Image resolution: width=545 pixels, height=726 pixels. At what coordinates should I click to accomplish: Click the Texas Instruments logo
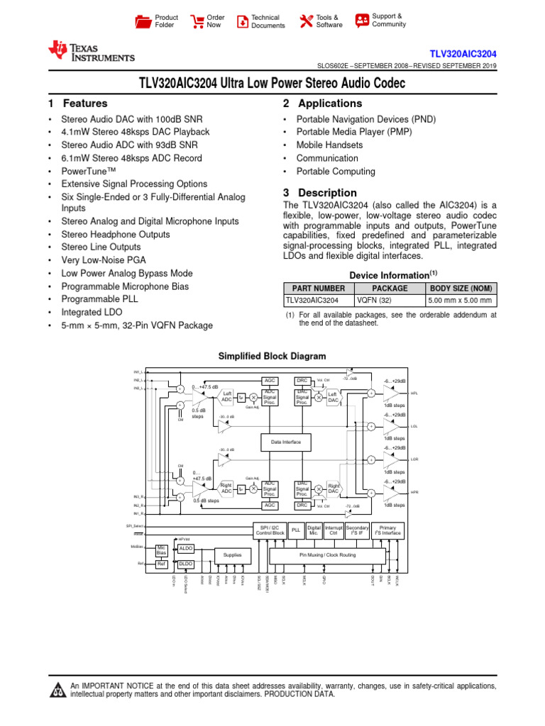click(x=91, y=52)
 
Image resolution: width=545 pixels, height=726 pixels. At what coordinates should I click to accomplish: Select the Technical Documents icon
click(x=243, y=21)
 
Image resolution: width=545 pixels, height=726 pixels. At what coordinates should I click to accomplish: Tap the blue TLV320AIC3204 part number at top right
click(x=463, y=54)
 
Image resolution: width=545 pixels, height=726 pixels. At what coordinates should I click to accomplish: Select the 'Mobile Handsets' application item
click(x=329, y=145)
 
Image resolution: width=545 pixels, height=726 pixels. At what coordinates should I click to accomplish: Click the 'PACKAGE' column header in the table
click(x=390, y=289)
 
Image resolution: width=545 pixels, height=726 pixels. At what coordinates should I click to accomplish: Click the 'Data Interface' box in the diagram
click(x=285, y=442)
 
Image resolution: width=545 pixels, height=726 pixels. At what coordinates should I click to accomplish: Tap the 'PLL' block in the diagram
click(x=296, y=530)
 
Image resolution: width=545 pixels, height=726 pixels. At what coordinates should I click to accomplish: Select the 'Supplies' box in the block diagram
click(x=232, y=555)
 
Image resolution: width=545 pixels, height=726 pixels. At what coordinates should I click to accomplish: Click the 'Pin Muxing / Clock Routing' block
click(x=327, y=555)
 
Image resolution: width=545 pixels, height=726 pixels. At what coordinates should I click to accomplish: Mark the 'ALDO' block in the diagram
click(x=185, y=549)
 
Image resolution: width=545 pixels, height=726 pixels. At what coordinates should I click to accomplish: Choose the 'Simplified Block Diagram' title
click(x=272, y=356)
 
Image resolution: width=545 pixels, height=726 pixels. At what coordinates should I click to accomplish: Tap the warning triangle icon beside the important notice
click(x=57, y=691)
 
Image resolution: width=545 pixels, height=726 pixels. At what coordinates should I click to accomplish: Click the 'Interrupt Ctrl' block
click(x=334, y=530)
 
